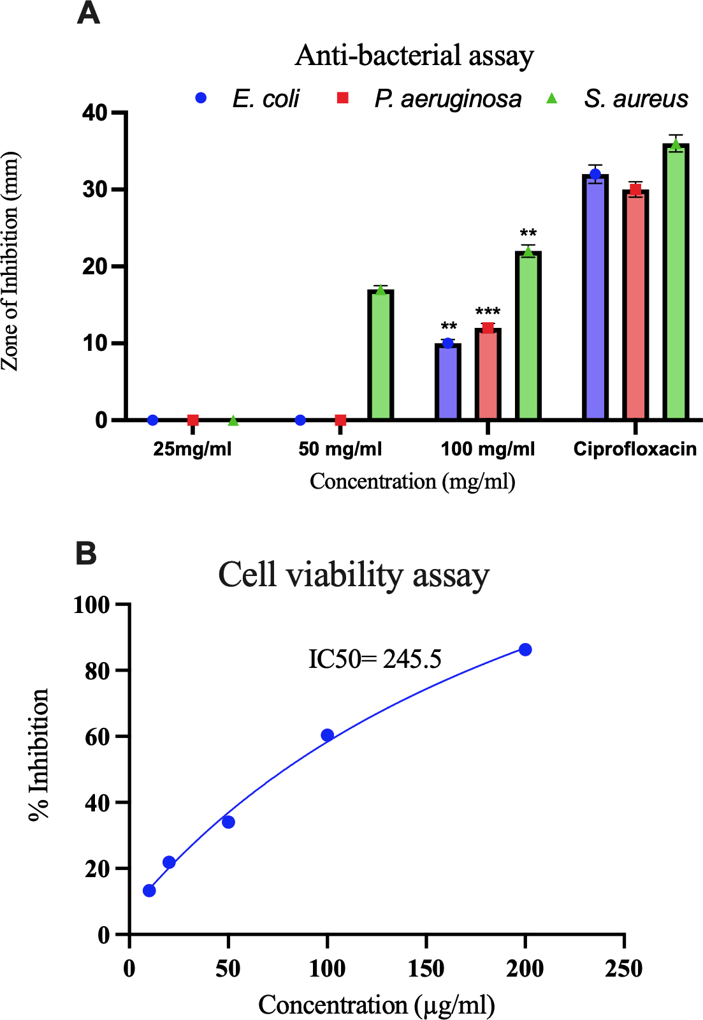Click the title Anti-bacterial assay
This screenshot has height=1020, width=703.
pyautogui.click(x=414, y=55)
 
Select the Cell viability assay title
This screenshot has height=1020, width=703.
pyautogui.click(x=354, y=575)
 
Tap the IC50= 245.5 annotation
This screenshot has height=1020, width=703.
pyautogui.click(x=375, y=659)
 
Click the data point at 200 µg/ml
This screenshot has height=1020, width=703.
pyautogui.click(x=525, y=649)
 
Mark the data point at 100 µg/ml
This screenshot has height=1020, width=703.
pyautogui.click(x=327, y=735)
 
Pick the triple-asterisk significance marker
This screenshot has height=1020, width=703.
pyautogui.click(x=488, y=313)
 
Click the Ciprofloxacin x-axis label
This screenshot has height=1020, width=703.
pyautogui.click(x=635, y=449)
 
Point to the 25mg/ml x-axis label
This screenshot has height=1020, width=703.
pyautogui.click(x=192, y=449)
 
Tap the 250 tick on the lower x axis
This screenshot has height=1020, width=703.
pyautogui.click(x=623, y=969)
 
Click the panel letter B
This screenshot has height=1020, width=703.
pyautogui.click(x=86, y=553)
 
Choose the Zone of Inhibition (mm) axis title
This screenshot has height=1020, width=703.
pyautogui.click(x=10, y=262)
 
